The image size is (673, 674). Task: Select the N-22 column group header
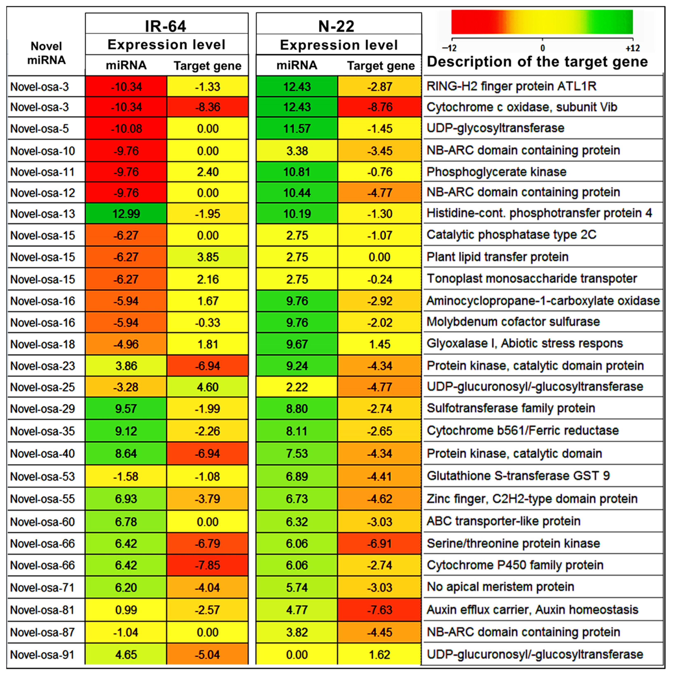(336, 26)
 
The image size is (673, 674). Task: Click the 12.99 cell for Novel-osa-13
(126, 213)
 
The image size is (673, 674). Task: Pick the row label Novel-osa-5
(40, 128)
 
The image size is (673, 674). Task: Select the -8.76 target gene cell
(380, 107)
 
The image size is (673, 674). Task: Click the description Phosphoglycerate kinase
(497, 172)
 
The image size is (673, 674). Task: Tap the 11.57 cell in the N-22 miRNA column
(297, 128)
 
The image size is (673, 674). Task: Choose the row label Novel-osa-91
(42, 654)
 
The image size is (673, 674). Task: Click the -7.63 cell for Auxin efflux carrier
(380, 610)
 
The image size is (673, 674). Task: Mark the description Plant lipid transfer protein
(498, 257)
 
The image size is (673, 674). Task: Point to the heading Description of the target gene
(537, 62)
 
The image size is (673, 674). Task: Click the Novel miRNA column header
(46, 53)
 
